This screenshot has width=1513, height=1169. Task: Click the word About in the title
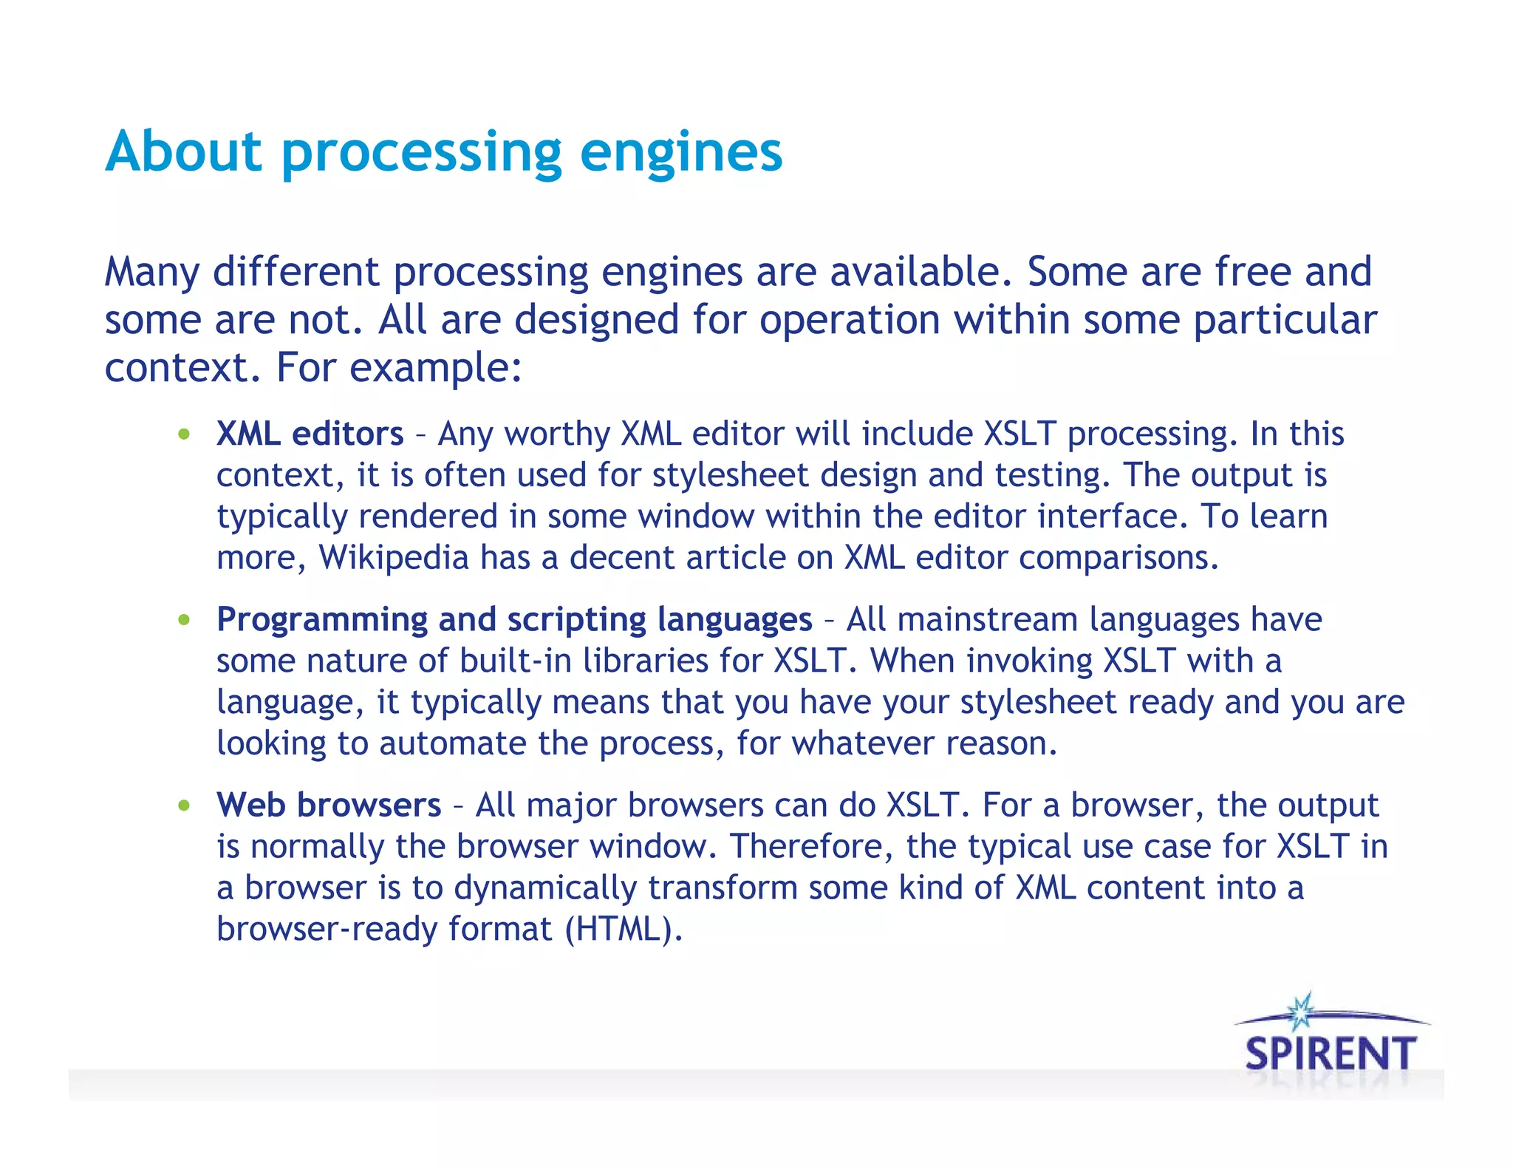pyautogui.click(x=184, y=151)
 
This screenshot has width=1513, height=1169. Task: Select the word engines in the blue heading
pyautogui.click(x=680, y=153)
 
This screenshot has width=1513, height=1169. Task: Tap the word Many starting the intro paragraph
pyautogui.click(x=151, y=273)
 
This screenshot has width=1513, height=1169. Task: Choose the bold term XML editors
pyautogui.click(x=310, y=434)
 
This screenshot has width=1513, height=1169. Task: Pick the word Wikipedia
pyautogui.click(x=394, y=558)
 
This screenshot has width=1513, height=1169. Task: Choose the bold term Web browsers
pyautogui.click(x=328, y=805)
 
